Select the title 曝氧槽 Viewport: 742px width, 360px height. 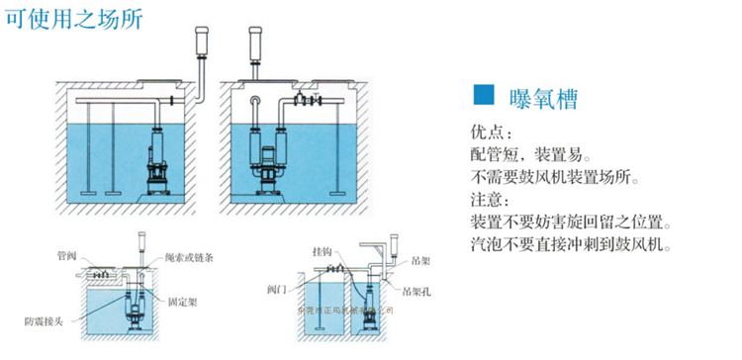point(540,97)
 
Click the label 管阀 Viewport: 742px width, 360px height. point(66,255)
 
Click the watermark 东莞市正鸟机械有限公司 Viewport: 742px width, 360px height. point(345,311)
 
